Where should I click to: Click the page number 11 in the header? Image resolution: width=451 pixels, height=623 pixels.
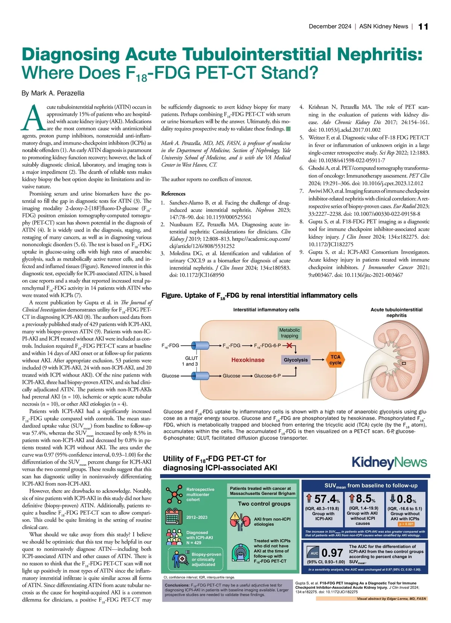point(423,26)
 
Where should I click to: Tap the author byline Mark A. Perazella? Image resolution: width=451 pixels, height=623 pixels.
point(53,93)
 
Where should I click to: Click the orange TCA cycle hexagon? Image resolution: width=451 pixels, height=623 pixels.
point(335,360)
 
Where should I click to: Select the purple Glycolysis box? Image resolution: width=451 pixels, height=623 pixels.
point(296,360)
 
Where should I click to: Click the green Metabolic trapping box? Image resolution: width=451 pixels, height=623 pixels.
point(289,333)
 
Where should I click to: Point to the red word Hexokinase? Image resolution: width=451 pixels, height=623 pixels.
point(248,360)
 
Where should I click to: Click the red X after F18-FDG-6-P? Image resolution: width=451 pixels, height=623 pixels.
point(289,345)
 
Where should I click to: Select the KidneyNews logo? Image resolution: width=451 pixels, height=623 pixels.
point(389,462)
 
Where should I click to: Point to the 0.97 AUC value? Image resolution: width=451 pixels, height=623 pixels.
point(332,553)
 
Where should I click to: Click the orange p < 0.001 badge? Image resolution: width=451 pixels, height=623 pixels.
point(406,524)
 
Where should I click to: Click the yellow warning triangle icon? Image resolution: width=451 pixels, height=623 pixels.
point(235,516)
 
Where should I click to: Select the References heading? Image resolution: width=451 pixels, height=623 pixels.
point(173,194)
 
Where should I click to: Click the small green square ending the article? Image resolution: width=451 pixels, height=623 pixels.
point(288,129)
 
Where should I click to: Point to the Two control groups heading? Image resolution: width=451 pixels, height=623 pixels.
point(264,504)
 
